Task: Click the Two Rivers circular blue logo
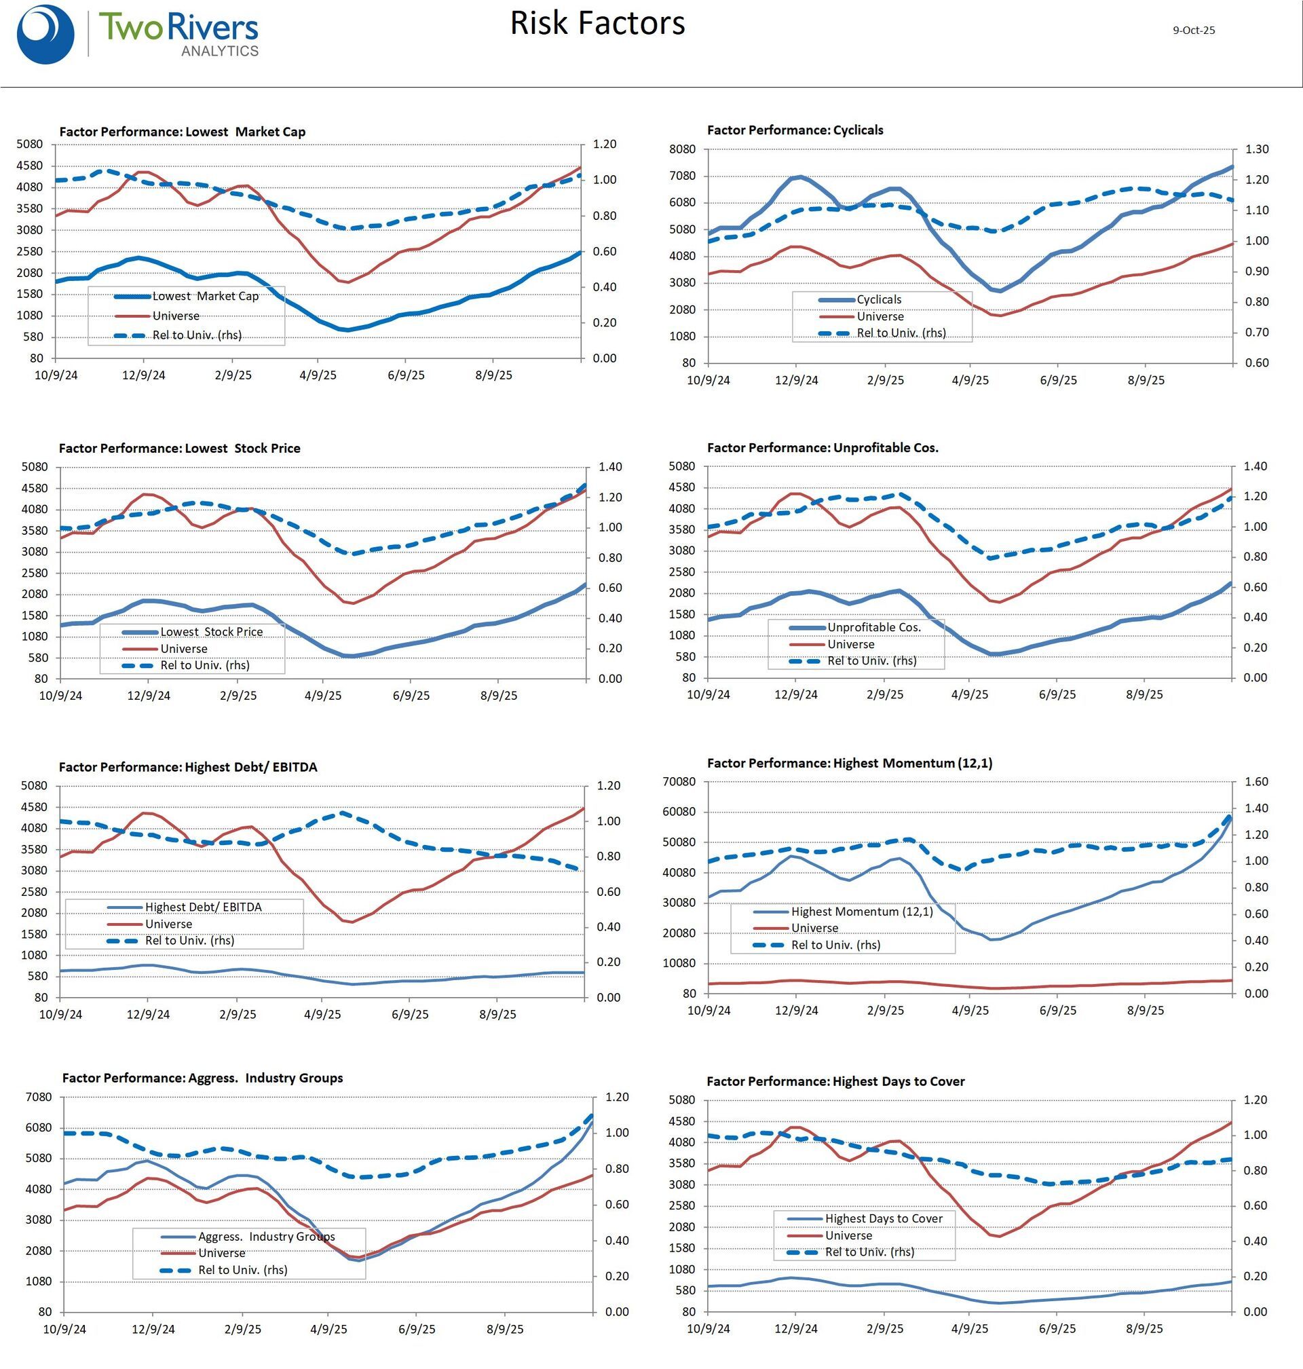click(x=45, y=35)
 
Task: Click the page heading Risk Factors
click(x=597, y=23)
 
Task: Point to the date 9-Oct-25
click(x=1193, y=31)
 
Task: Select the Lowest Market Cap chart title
click(x=182, y=132)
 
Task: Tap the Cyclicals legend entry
click(x=879, y=299)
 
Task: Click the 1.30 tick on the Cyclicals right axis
click(x=1256, y=149)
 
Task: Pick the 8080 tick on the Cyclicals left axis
click(x=682, y=149)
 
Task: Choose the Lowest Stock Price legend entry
click(x=211, y=631)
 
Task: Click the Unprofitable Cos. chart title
click(x=823, y=448)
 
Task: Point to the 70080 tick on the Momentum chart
click(x=679, y=781)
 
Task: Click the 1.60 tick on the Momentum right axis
click(x=1256, y=781)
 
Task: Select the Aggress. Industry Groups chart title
click(x=202, y=1078)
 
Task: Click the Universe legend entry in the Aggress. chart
click(x=221, y=1253)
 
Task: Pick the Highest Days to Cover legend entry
click(x=884, y=1218)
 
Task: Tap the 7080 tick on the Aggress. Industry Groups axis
click(x=38, y=1098)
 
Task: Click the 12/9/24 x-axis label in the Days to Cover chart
click(x=795, y=1329)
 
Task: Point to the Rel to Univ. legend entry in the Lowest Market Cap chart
click(x=197, y=335)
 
